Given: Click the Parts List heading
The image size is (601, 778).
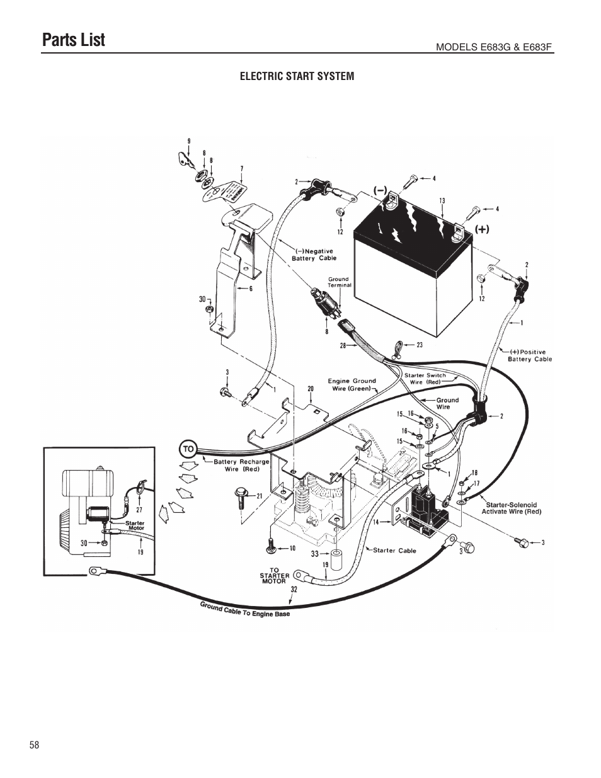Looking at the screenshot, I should pos(73,40).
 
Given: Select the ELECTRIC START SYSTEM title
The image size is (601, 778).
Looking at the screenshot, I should pos(297,76).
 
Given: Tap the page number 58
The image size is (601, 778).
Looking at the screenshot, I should pos(34,745).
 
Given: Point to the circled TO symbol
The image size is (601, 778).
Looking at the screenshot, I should pos(188,449).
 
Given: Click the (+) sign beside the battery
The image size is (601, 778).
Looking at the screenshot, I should pos(481,230).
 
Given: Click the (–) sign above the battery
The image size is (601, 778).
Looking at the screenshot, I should pos(379,189).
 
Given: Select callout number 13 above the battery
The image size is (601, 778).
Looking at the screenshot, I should pos(442,201).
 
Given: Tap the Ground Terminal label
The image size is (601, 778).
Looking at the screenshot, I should pos(338,282).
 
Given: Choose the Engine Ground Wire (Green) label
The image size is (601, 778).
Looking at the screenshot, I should pos(352,384).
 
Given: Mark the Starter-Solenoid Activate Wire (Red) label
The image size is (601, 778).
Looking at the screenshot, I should pos(511,508).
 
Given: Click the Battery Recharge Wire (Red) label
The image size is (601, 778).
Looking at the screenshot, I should pos(241,465).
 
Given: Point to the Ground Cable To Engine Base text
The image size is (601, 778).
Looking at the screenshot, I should pos(245,610).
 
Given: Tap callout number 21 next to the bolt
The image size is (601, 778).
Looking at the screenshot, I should pos(259,496).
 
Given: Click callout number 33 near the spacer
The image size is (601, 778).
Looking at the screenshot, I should pos(315,554).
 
